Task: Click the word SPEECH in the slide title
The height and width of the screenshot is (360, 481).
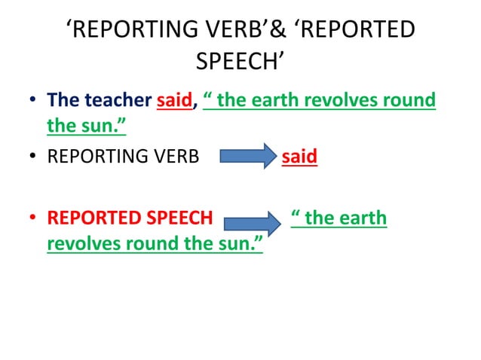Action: (x=239, y=59)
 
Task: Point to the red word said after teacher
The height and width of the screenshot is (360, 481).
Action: (x=174, y=100)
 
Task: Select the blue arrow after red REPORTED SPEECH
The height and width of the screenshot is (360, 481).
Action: (x=252, y=221)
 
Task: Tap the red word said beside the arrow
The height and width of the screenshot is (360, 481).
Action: (x=299, y=158)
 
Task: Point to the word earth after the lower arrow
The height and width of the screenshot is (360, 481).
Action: (x=363, y=218)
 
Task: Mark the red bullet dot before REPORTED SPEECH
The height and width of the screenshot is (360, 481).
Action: (x=32, y=219)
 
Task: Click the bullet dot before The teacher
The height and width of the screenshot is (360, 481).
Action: (x=32, y=101)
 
